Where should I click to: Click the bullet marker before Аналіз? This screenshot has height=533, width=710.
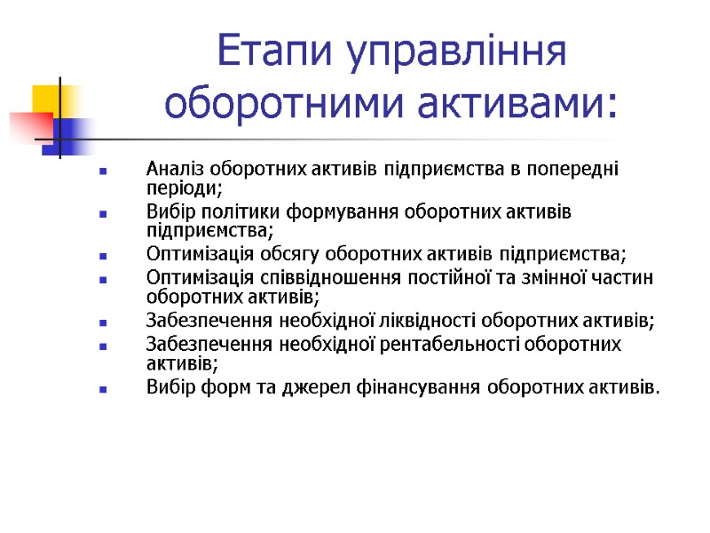point(105,171)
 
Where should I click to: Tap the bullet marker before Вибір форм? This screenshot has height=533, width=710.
point(105,388)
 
